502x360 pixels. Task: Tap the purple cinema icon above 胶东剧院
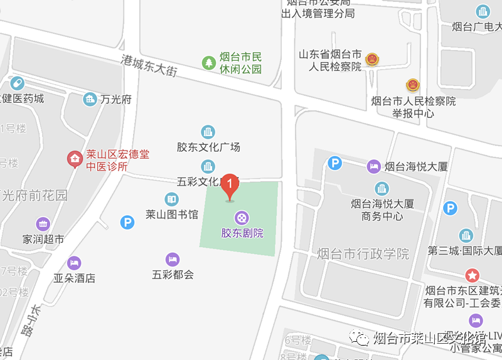[x=242, y=218]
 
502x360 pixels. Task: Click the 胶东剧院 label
[x=242, y=233]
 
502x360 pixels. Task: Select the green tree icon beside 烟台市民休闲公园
[x=208, y=63]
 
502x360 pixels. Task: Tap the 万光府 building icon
[x=90, y=99]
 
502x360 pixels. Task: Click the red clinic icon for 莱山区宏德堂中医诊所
[x=75, y=159]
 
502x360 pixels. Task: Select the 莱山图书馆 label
[x=171, y=214]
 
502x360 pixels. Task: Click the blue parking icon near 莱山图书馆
[x=127, y=221]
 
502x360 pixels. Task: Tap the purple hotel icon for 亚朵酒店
[x=74, y=262]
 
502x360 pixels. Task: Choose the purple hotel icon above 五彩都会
[x=172, y=259]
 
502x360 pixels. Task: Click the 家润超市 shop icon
[x=43, y=223]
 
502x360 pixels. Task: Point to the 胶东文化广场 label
[x=208, y=147]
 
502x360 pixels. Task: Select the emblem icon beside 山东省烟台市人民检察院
[x=372, y=59]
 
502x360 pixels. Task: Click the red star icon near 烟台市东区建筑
[x=472, y=275]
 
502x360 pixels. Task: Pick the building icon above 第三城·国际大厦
[x=466, y=235]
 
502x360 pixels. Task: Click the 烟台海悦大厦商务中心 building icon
[x=382, y=188]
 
